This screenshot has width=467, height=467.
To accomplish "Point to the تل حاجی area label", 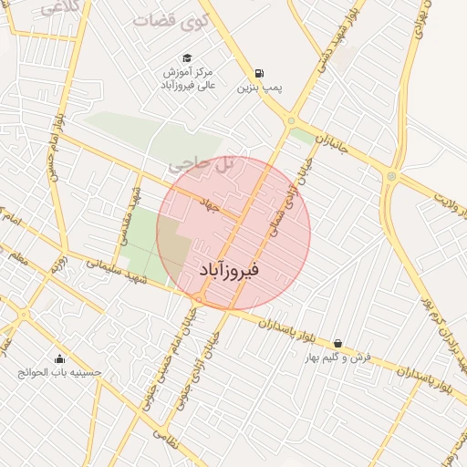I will pyautogui.click(x=201, y=164).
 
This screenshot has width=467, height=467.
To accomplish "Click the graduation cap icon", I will pyautogui.click(x=187, y=57).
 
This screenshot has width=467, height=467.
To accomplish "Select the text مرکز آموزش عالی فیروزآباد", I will pyautogui.click(x=188, y=78).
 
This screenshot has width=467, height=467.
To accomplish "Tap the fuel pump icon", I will pyautogui.click(x=261, y=74).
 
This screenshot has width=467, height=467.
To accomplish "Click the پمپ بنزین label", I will pyautogui.click(x=258, y=88).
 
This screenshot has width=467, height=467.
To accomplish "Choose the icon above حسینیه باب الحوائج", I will pyautogui.click(x=60, y=358).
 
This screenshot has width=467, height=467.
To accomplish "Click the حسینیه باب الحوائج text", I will pyautogui.click(x=60, y=373).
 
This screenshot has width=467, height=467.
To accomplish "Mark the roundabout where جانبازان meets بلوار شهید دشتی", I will pyautogui.click(x=291, y=119).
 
